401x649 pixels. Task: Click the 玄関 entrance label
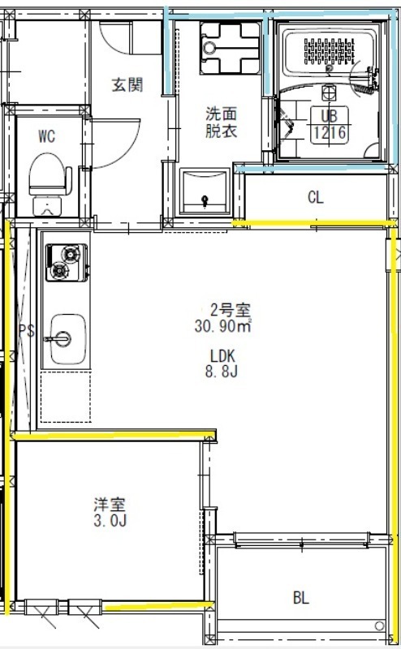(x=127, y=83)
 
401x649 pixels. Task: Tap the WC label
(x=46, y=136)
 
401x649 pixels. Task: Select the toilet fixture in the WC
(x=50, y=180)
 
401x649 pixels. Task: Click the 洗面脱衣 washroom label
(x=220, y=122)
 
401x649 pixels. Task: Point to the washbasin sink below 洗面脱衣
(x=205, y=192)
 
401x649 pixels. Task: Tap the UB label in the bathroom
(x=329, y=115)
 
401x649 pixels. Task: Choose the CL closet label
(x=316, y=197)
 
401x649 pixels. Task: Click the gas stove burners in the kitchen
(x=65, y=263)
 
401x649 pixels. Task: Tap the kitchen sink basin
(x=65, y=339)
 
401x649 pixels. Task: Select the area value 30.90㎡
(x=222, y=326)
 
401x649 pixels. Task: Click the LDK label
(x=222, y=355)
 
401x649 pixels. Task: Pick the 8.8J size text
(x=222, y=372)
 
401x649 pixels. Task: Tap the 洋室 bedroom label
(x=108, y=505)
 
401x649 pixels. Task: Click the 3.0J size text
(x=108, y=521)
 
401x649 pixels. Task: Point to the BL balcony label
(x=300, y=599)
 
